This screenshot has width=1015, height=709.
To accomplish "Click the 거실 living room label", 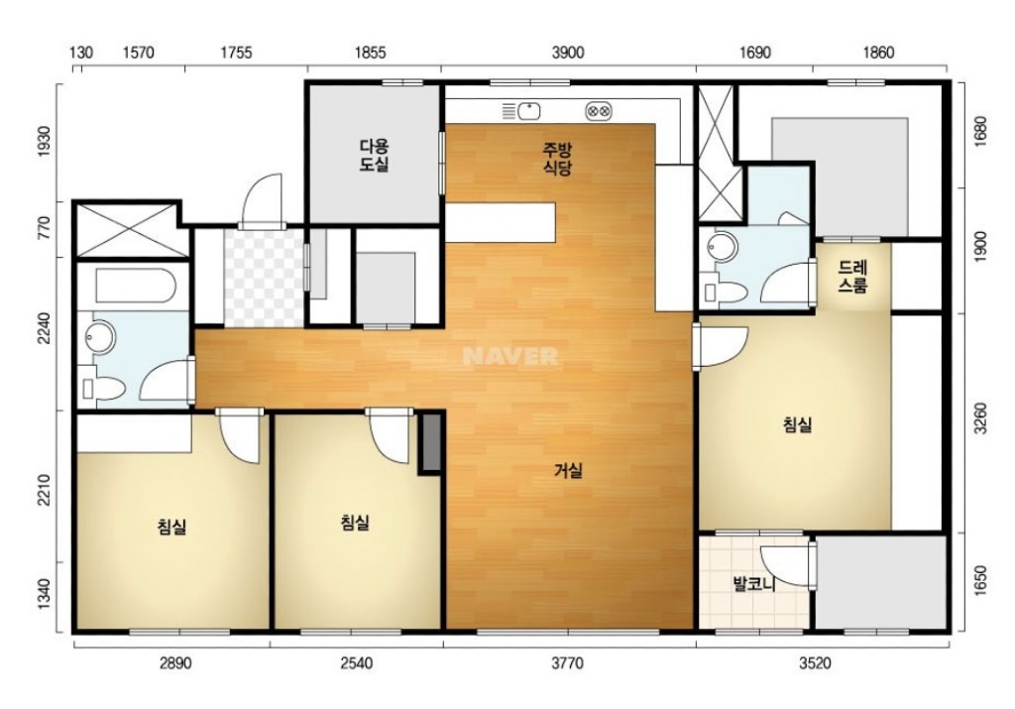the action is click(568, 471).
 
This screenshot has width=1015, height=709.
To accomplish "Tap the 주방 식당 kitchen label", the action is click(557, 160).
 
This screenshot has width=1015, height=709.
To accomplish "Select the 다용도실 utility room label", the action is click(375, 155).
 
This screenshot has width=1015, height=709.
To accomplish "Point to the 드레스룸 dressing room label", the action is click(853, 277).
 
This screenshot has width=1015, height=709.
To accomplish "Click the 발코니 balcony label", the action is click(754, 584).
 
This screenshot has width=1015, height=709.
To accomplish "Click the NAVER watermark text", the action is click(510, 356).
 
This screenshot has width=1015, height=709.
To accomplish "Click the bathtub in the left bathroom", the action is click(135, 285).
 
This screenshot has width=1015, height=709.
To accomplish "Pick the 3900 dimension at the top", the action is click(568, 53).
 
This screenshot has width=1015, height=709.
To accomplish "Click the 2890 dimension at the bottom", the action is click(175, 663).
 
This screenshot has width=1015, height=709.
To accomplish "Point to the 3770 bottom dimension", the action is click(567, 663).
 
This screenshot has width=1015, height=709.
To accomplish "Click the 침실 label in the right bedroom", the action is click(798, 424).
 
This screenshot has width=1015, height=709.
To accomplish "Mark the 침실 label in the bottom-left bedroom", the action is click(172, 527).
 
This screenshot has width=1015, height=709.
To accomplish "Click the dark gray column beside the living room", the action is click(431, 442).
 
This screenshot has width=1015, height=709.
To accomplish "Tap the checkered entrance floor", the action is click(264, 277).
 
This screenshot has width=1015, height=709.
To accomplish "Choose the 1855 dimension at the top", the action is click(371, 53).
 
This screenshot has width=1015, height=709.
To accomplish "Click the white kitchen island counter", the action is click(501, 223).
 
